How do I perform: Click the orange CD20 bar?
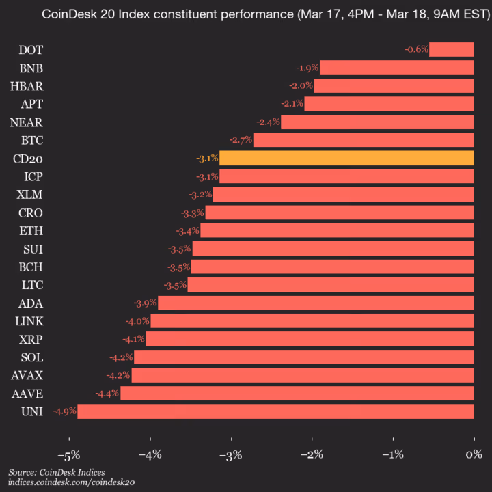(x=346, y=159)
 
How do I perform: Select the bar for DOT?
(x=452, y=49)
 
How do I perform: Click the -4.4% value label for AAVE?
(x=107, y=393)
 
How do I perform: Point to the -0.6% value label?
(x=416, y=49)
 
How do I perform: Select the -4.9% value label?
(x=64, y=411)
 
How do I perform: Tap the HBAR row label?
(x=27, y=85)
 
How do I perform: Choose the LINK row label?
(x=29, y=320)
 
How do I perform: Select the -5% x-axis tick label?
(x=69, y=454)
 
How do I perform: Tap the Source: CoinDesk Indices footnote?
(x=57, y=472)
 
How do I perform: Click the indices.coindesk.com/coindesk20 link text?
(x=72, y=482)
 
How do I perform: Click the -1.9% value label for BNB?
(x=307, y=68)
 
